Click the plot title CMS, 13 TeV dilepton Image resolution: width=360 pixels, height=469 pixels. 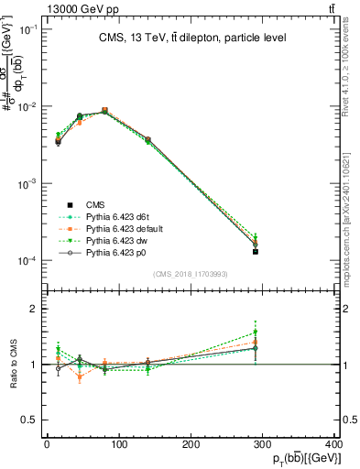point(191,38)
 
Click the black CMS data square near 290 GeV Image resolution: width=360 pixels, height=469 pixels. point(256,251)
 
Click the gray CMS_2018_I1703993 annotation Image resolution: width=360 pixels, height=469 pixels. point(191,274)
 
